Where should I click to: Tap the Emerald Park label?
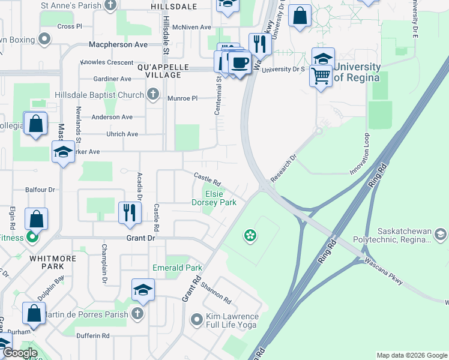pos(177,268)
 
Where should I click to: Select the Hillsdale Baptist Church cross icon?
pos(153,94)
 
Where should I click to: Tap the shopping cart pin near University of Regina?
pos(321,76)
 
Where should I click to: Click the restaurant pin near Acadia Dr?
pos(130,212)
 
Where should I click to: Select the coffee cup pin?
pos(240,62)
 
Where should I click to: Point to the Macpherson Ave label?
pos(118,44)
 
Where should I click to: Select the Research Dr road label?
pos(283,169)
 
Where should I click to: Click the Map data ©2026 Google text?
pos(411,355)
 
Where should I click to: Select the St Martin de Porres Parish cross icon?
pos(137,314)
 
